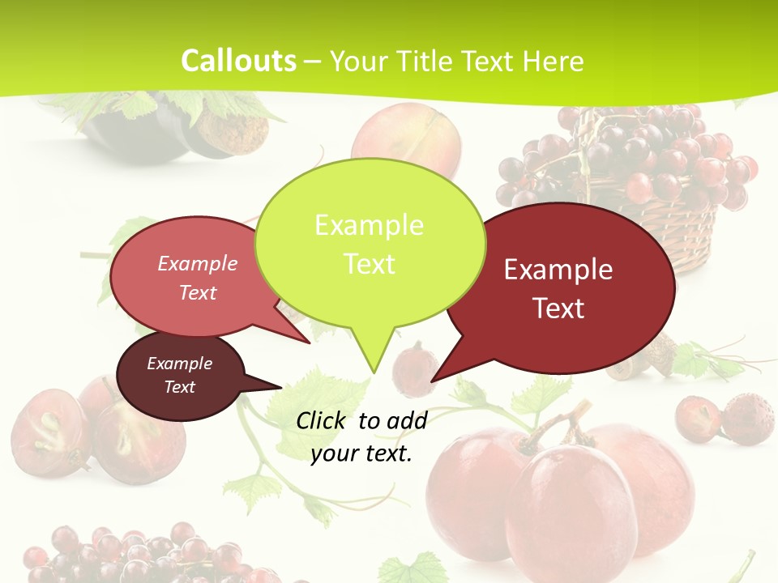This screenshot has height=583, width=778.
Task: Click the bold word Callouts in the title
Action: [x=238, y=61]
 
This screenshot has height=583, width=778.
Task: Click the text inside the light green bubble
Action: [x=370, y=244]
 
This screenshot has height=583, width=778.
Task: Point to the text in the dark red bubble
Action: [x=558, y=288]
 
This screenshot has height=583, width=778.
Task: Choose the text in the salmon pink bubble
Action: [x=198, y=278]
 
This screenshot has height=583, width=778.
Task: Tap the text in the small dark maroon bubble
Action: [x=180, y=375]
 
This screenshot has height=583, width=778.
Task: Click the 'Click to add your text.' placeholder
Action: [x=361, y=436]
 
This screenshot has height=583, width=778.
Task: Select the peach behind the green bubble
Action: [x=409, y=134]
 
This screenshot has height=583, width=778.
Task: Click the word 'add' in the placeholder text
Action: [x=406, y=420]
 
